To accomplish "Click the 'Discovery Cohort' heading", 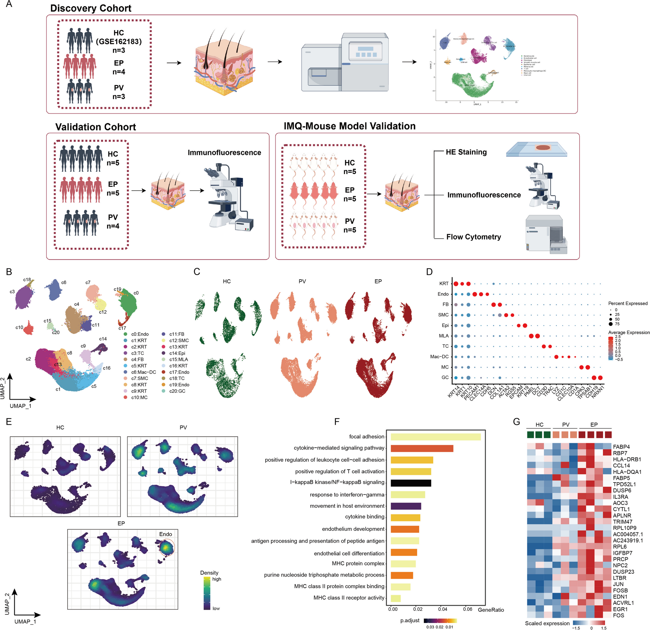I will pyautogui.click(x=91, y=8).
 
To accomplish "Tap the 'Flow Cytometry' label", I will pyautogui.click(x=473, y=237).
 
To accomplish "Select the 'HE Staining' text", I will pyautogui.click(x=466, y=152).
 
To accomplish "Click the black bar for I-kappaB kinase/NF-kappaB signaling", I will pyautogui.click(x=410, y=483).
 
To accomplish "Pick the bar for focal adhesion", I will pyautogui.click(x=435, y=437).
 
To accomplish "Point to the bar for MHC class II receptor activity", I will pyautogui.click(x=395, y=598).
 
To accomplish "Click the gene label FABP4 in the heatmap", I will pyautogui.click(x=621, y=447).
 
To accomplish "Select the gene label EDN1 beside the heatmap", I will pyautogui.click(x=620, y=596).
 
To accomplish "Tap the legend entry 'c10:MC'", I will pyautogui.click(x=139, y=397).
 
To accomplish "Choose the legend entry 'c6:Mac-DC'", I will pyautogui.click(x=143, y=372).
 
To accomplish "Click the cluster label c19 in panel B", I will pyautogui.click(x=118, y=289).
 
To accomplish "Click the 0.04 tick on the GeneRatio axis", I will pyautogui.click(x=443, y=609).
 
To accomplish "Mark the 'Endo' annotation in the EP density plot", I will pyautogui.click(x=166, y=534).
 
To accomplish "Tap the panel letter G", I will pyautogui.click(x=516, y=422).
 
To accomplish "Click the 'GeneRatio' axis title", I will pyautogui.click(x=491, y=610).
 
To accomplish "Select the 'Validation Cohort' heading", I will pyautogui.click(x=95, y=127).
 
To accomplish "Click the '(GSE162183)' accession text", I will pyautogui.click(x=119, y=42).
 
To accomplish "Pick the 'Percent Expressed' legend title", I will pyautogui.click(x=628, y=303).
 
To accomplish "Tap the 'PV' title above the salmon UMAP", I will pyautogui.click(x=302, y=281).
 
